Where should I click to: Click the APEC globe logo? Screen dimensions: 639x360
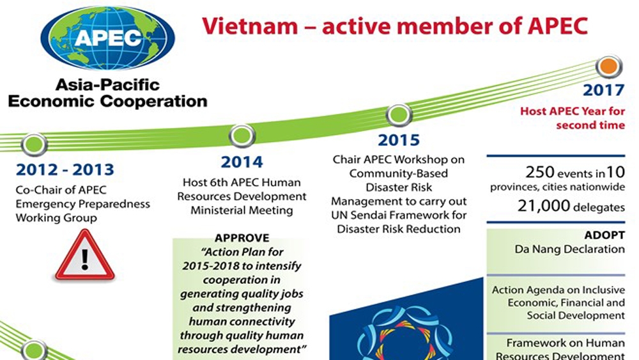point(107,38)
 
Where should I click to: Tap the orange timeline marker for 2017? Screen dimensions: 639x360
point(609,66)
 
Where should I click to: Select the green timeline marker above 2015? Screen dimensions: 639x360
point(399,114)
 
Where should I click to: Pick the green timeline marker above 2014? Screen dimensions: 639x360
point(242,136)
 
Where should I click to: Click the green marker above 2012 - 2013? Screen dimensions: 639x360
point(35,144)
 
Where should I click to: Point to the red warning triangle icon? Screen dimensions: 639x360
point(85,255)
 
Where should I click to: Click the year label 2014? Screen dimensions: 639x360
point(242,162)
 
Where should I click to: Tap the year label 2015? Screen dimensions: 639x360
point(399,140)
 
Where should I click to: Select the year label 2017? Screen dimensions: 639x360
point(604,90)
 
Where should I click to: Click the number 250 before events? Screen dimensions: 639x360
point(539,172)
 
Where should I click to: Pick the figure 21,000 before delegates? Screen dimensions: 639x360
point(544,206)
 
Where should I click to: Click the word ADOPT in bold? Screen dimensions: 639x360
point(604,235)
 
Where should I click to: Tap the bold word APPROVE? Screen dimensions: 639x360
point(242,238)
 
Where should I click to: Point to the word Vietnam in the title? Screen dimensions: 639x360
point(250,26)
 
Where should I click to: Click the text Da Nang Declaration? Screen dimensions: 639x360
point(570,249)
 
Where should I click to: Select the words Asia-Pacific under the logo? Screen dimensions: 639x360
point(107,85)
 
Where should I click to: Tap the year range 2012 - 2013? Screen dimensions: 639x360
point(65,170)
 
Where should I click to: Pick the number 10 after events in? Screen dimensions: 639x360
point(616,172)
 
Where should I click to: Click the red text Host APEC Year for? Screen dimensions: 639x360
point(573,111)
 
